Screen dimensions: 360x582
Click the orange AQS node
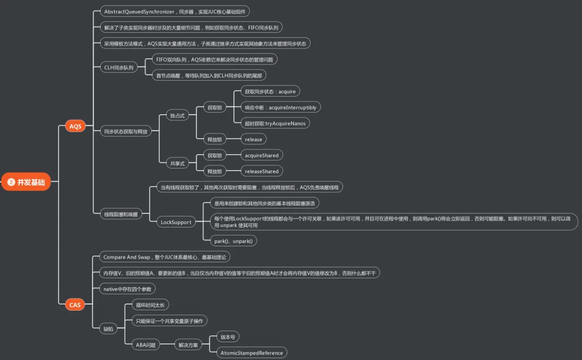(x=75, y=126)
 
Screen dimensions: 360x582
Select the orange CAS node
(x=75, y=305)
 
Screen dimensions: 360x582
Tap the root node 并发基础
(x=26, y=182)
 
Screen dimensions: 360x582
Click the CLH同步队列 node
(x=119, y=67)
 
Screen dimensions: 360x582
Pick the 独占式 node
(x=177, y=116)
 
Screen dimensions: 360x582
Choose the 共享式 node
(x=177, y=163)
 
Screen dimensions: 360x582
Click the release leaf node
(x=253, y=139)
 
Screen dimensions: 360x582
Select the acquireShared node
(x=262, y=155)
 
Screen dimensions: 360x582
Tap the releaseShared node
(x=262, y=171)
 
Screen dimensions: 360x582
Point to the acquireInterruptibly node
(x=281, y=107)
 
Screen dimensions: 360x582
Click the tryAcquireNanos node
(x=275, y=123)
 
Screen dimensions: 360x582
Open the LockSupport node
(x=176, y=222)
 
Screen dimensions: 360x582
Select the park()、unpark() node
(x=233, y=241)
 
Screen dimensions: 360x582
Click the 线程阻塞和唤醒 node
(x=121, y=214)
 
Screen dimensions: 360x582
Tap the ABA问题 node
(x=145, y=345)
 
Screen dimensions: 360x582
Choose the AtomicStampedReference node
(x=251, y=353)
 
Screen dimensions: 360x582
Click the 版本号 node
(x=228, y=337)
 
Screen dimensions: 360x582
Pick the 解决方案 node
(x=188, y=345)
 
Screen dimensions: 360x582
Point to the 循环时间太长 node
(x=150, y=305)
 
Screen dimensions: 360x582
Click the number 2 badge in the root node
(x=11, y=182)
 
